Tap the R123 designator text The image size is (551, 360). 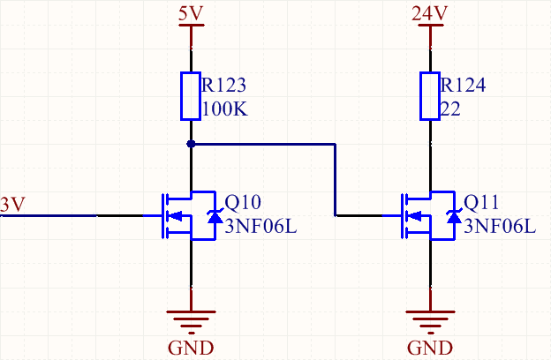tap(223, 86)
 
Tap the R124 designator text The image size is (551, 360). tap(463, 86)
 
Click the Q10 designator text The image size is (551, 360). tap(243, 202)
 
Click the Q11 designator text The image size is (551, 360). tap(481, 202)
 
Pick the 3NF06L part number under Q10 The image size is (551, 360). tap(261, 226)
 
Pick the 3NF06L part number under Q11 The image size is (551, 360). tap(500, 226)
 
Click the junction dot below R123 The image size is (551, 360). tap(192, 143)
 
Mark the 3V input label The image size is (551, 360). tap(13, 204)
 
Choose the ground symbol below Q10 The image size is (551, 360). tap(192, 318)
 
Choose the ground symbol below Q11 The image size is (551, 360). tap(430, 318)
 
